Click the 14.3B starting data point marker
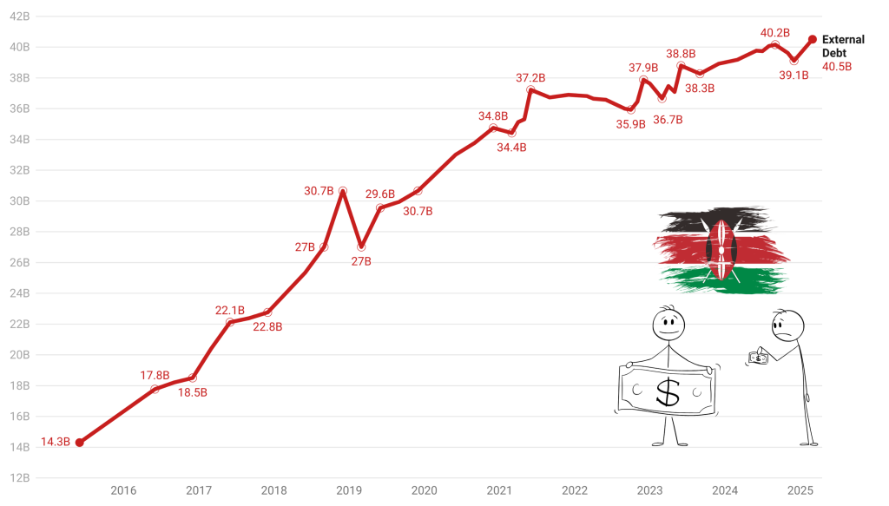pos(79,443)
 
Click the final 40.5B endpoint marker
pos(813,39)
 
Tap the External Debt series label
pos(843,46)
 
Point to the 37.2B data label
pos(530,78)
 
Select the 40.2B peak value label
pos(774,33)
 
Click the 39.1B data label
pos(794,76)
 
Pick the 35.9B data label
pos(631,124)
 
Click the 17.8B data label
pos(155,376)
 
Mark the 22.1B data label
pos(230,311)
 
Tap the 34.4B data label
pos(511,148)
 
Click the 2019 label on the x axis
pos(349,490)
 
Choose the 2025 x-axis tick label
pos(800,490)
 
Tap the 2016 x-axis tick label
pos(123,490)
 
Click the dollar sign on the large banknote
pos(668,391)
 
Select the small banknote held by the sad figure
pos(758,357)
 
